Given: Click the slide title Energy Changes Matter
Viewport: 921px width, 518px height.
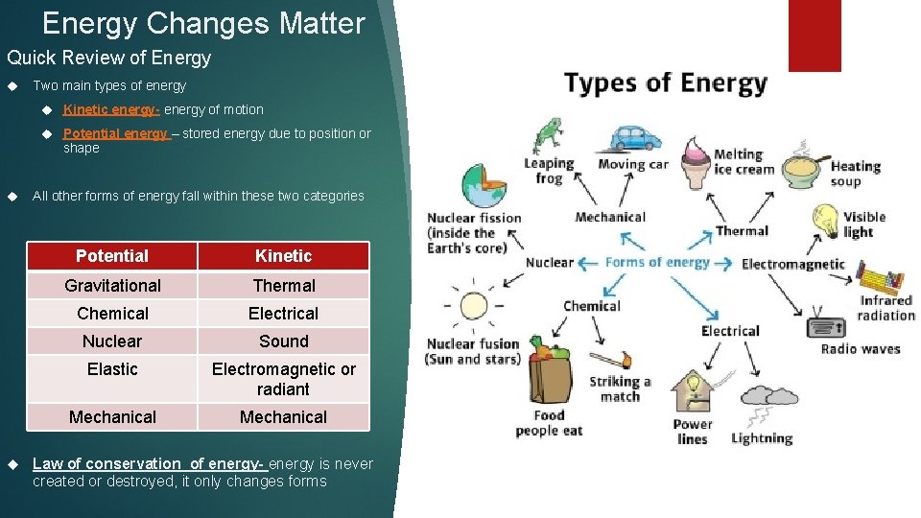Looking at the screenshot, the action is click(203, 23).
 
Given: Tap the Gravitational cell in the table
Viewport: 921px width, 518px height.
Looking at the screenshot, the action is click(112, 286).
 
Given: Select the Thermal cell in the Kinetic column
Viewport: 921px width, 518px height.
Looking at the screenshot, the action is click(283, 286).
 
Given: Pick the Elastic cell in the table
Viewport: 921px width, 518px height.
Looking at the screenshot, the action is click(112, 369).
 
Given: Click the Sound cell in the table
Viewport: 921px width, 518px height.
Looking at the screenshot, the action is click(283, 341).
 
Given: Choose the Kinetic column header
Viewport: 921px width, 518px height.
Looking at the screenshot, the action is click(283, 256).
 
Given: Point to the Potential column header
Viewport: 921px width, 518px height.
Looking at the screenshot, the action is click(112, 256).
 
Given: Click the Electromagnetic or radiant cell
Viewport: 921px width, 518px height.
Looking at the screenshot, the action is click(283, 379).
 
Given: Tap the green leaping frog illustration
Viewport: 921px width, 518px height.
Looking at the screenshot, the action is click(548, 134).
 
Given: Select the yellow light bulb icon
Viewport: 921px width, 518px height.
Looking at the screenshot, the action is click(827, 222).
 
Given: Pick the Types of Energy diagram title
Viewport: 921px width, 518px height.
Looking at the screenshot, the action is click(666, 83).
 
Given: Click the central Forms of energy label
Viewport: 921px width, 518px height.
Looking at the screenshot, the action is click(657, 263).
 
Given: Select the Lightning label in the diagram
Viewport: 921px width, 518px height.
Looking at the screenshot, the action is click(762, 439).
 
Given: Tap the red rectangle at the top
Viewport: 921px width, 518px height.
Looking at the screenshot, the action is click(815, 35).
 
